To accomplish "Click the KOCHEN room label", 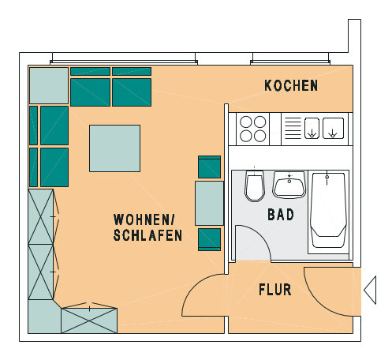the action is pos(291,85).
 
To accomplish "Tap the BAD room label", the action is pos(281,215).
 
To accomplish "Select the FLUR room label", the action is pos(275,290).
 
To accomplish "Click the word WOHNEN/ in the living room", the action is pos(144,219).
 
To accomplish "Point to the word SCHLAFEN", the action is pos(147,235).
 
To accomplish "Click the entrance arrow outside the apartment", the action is pos(370,290).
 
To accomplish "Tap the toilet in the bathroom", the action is pos(255,186).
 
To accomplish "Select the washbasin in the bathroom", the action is pos(289,185).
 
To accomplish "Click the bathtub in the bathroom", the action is pos(328,210).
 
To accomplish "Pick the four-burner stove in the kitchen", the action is pos(253,129).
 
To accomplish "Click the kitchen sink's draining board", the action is pos(293,128).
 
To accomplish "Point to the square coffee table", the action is pos(114,148).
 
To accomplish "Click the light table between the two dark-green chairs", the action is pos(209,203).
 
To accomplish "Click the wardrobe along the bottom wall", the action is pos(89,321).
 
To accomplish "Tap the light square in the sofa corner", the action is pos(49,85).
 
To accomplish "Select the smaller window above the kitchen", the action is pos(290,58).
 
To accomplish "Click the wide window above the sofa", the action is pos(124,58).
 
